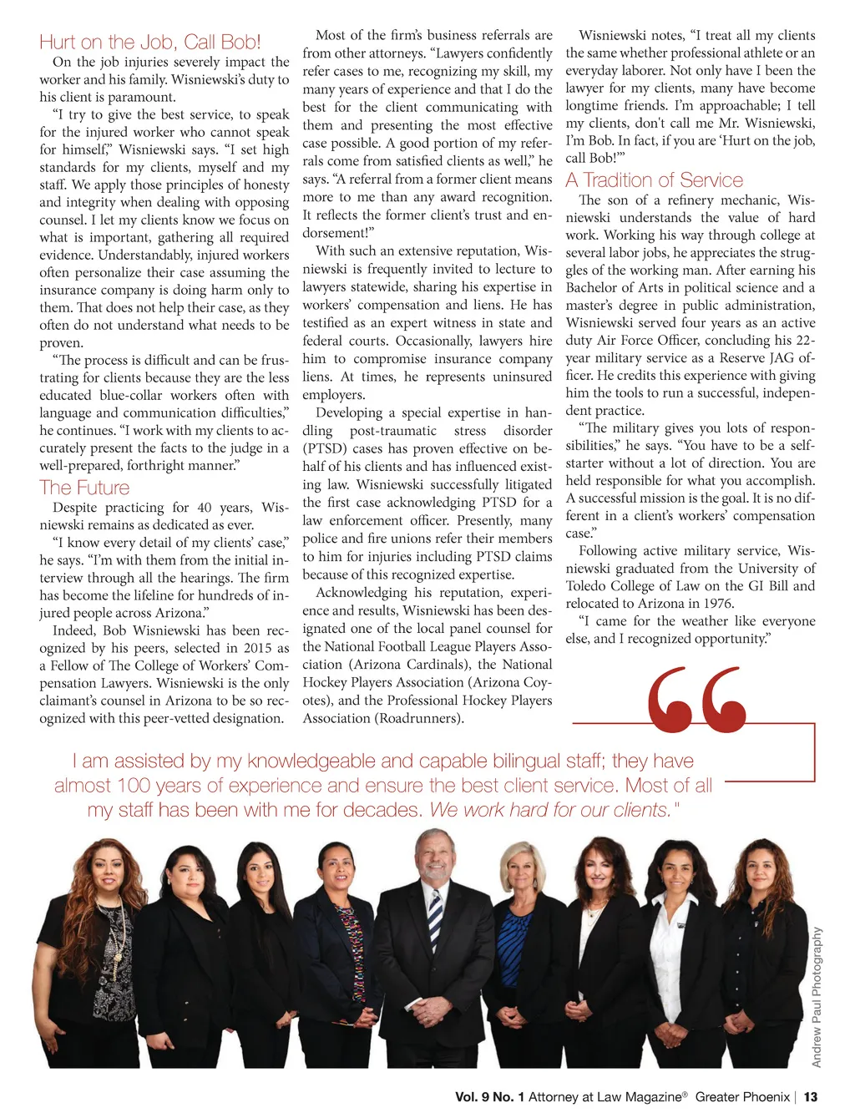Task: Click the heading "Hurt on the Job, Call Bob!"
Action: point(150,43)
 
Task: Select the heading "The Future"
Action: point(84,488)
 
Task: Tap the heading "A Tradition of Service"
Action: point(654,180)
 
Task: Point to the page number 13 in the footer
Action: point(811,1097)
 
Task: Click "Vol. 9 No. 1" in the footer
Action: point(490,1097)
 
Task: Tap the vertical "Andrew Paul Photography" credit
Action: point(817,997)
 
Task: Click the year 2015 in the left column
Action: point(257,648)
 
